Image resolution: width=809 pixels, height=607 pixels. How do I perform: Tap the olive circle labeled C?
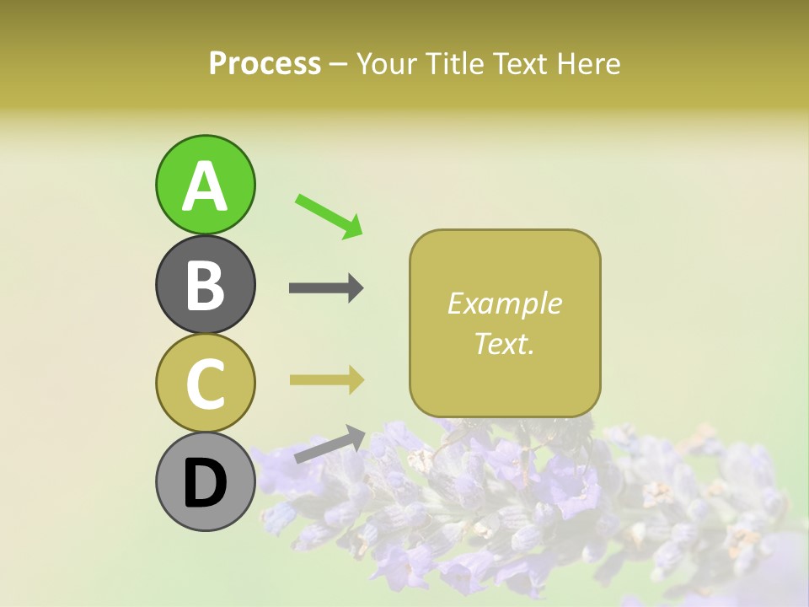point(205,383)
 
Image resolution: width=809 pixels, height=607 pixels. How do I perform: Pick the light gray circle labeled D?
point(205,481)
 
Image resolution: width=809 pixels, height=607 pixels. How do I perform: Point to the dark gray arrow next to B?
point(326,288)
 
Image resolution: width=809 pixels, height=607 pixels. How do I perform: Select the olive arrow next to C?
point(326,379)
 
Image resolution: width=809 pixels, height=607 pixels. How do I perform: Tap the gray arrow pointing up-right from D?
point(329,444)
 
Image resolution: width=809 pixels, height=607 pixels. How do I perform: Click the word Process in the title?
point(265,64)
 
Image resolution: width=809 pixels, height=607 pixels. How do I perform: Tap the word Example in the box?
point(504,303)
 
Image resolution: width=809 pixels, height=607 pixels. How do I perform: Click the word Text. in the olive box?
point(504,343)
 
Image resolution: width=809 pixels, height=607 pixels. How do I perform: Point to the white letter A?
point(205,185)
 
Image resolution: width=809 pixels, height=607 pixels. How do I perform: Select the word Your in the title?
point(385,64)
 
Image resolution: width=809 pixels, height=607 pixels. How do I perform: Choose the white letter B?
point(205,284)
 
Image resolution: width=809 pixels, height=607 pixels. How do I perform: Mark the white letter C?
point(205,384)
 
